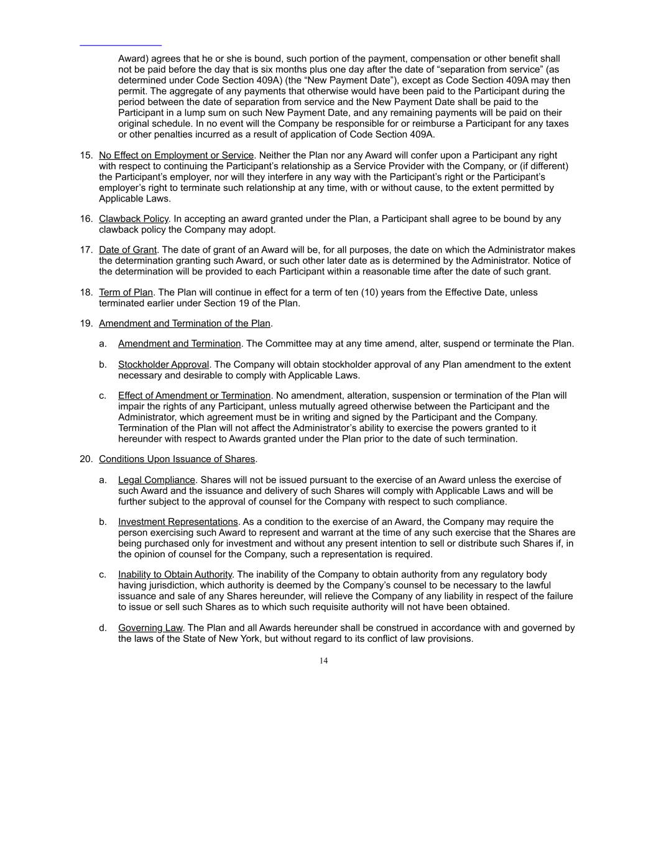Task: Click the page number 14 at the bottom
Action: coord(323,661)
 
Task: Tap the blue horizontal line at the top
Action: coord(121,45)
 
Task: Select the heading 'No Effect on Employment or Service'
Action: coord(176,155)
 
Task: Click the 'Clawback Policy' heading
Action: coord(133,219)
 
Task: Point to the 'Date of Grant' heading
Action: coord(127,250)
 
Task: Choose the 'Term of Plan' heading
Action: coord(126,292)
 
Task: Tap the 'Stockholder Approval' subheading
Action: coord(164,364)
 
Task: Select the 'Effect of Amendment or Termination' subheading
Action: coord(194,396)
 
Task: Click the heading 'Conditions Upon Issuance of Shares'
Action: coord(177,459)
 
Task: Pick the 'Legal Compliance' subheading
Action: coord(157,480)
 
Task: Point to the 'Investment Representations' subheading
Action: coord(178,522)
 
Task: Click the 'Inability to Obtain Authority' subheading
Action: coord(175,575)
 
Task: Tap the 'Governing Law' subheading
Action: coord(150,628)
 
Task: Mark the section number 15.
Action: coord(86,155)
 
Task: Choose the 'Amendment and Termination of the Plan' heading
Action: coord(184,323)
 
